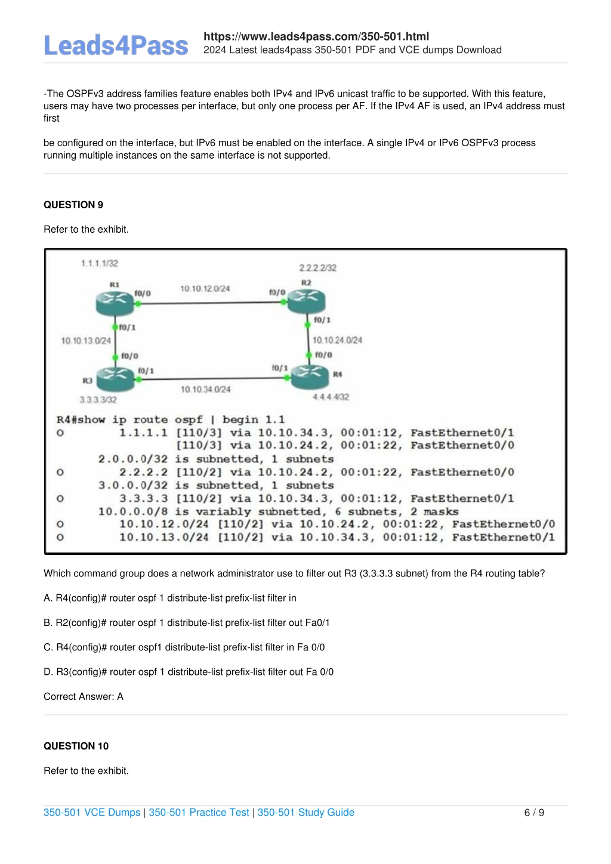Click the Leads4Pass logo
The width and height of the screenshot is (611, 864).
[x=116, y=45]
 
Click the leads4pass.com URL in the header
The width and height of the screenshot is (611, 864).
[x=316, y=36]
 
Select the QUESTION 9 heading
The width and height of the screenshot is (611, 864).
[x=73, y=205]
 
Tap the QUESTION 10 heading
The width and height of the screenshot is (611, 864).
[x=76, y=746]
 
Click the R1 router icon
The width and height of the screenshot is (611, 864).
[x=115, y=304]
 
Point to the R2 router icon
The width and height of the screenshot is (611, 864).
[x=306, y=301]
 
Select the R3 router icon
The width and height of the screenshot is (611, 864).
[x=115, y=379]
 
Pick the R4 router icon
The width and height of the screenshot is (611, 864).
[x=310, y=377]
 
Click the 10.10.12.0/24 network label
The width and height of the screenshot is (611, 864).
[x=205, y=289]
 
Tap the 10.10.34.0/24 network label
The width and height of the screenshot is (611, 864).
[x=206, y=389]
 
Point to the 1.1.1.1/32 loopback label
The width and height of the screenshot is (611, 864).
[x=100, y=264]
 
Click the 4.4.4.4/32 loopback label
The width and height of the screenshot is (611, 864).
[x=331, y=397]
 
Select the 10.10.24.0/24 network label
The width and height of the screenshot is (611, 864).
[x=337, y=340]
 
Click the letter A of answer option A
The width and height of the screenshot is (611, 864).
[x=48, y=598]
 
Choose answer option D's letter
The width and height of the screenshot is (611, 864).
[x=48, y=672]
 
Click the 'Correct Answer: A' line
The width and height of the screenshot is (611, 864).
[x=84, y=696]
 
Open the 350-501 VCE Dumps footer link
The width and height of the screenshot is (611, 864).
[x=92, y=812]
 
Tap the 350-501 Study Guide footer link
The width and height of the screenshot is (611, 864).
[x=306, y=812]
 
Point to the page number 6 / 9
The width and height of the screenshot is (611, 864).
[x=534, y=813]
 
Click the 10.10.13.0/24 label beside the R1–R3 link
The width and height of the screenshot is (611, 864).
[x=86, y=341]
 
